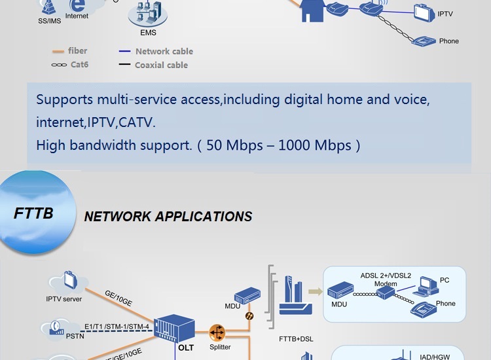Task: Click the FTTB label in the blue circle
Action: point(33,214)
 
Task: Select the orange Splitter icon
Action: point(217,332)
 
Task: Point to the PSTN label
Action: point(75,336)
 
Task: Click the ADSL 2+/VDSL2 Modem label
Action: point(386,279)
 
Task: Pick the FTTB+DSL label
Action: point(296,340)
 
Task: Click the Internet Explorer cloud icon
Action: point(77,6)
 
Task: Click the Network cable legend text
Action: point(164,51)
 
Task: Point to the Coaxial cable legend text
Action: point(161,65)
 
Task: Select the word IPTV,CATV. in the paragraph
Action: point(117,122)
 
